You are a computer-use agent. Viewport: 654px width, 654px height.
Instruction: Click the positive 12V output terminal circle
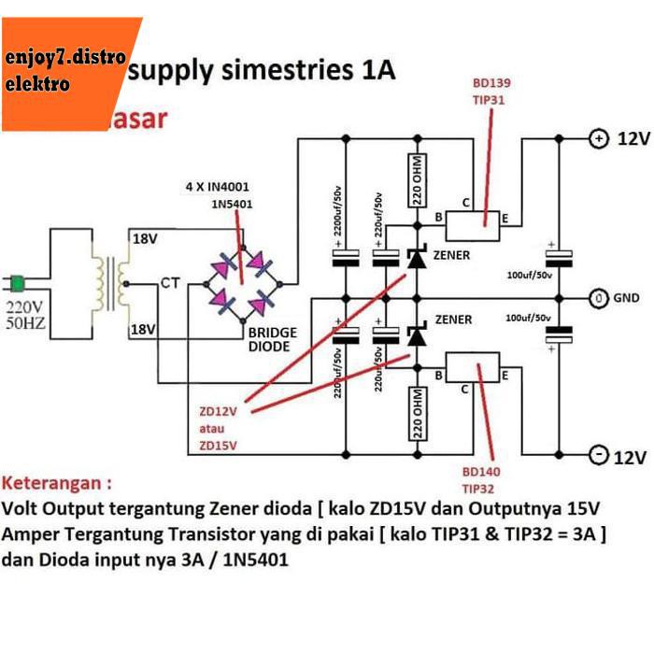(x=597, y=139)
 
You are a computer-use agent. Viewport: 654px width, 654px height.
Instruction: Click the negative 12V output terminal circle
(x=597, y=456)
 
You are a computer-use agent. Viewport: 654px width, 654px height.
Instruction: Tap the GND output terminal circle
(x=597, y=298)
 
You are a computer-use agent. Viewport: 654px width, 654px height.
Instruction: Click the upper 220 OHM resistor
(x=418, y=179)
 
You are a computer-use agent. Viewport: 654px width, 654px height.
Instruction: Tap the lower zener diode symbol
(x=417, y=337)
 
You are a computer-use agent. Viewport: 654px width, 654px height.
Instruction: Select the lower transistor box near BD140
(x=474, y=373)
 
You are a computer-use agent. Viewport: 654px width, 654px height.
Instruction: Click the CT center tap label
(x=170, y=281)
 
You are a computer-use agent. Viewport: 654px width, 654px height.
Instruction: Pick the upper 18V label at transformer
(x=144, y=240)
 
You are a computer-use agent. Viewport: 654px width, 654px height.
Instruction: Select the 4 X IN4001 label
(x=217, y=187)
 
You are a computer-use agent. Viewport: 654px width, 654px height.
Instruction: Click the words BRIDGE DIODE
(x=271, y=339)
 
